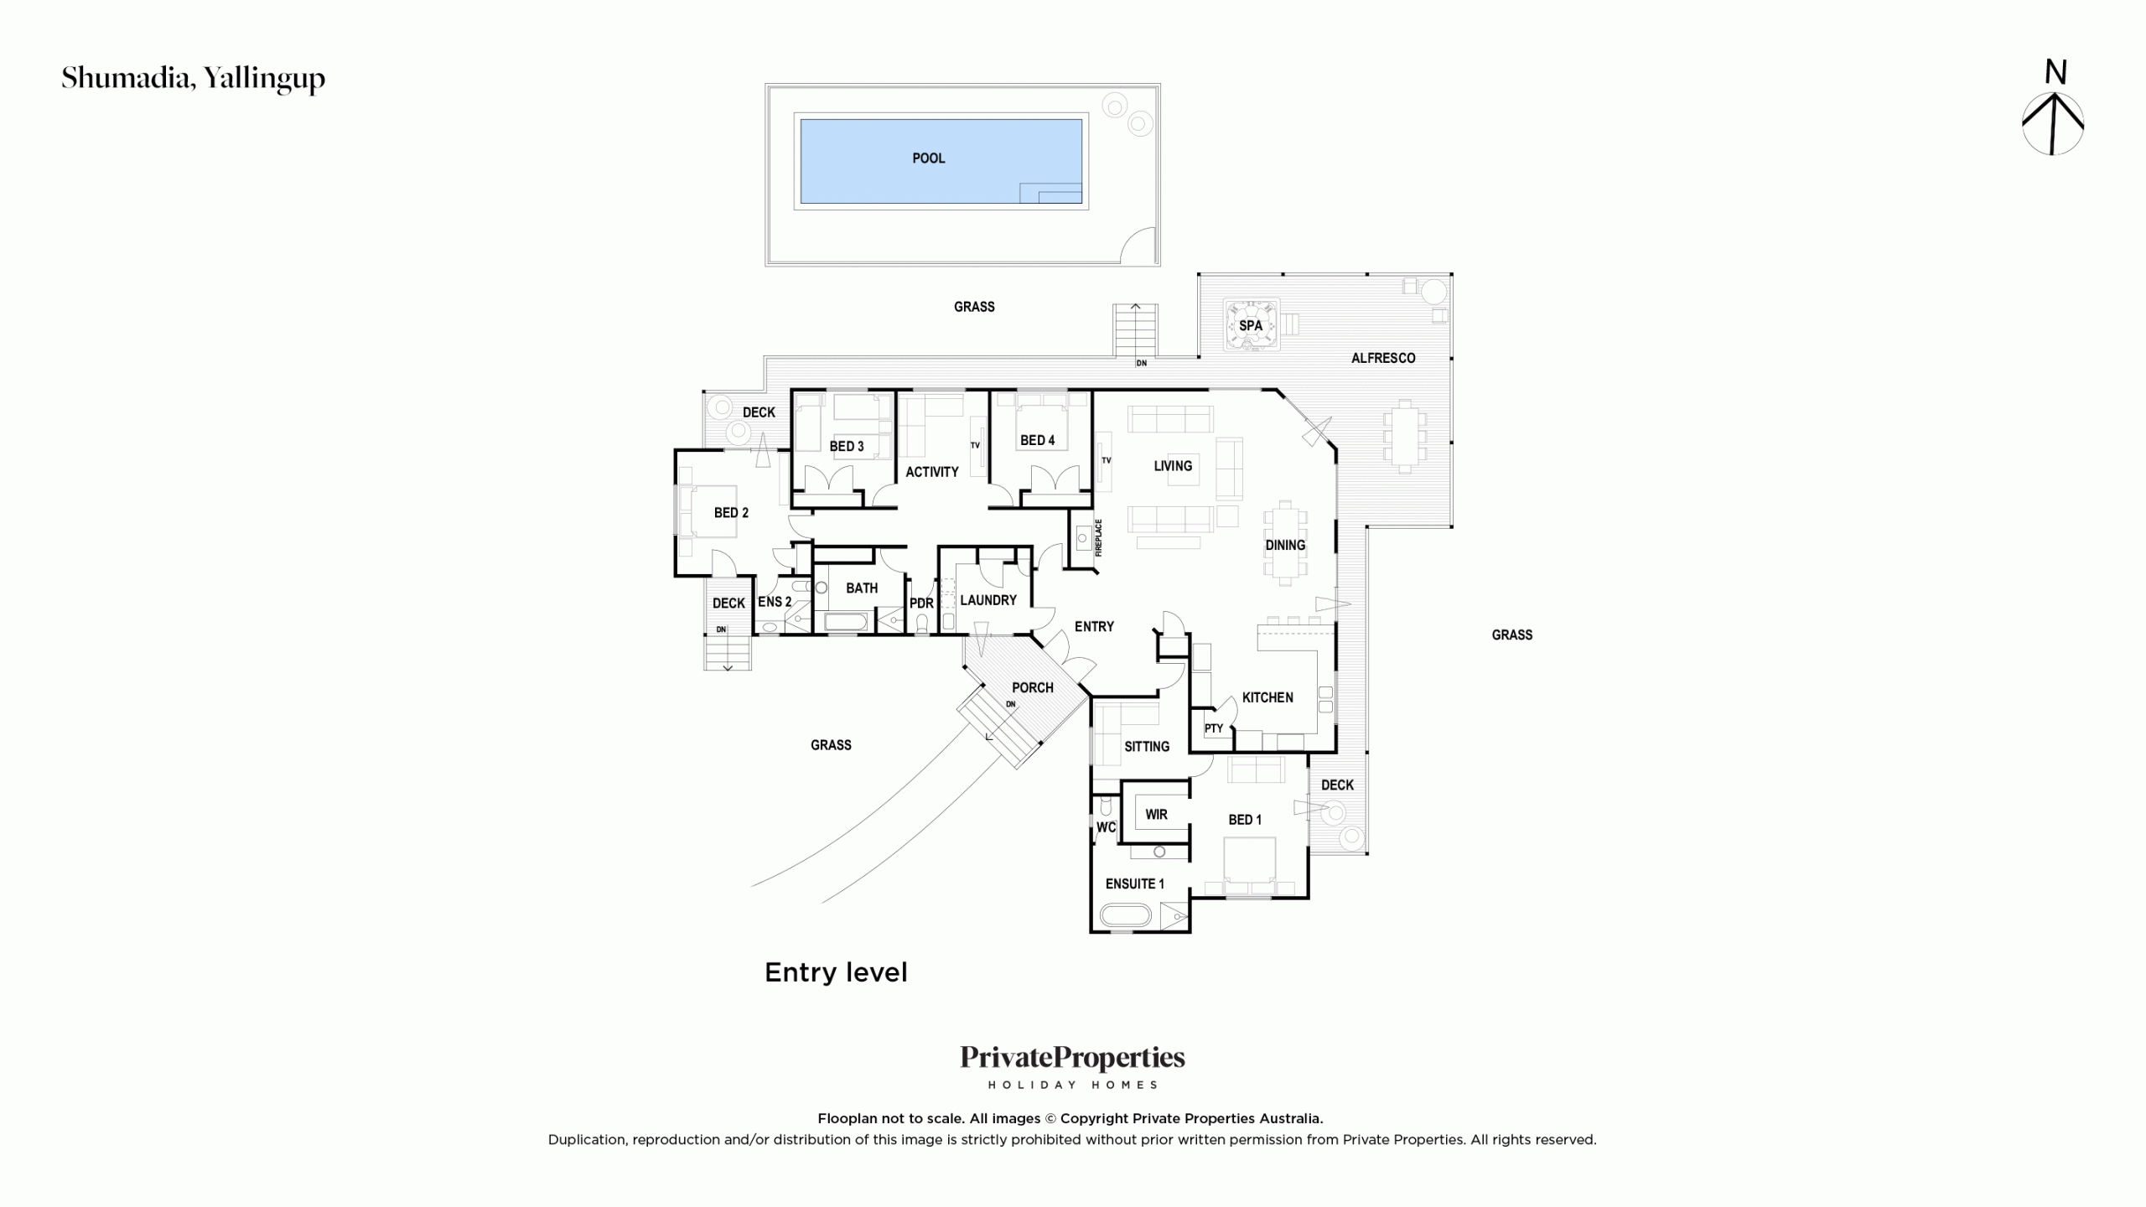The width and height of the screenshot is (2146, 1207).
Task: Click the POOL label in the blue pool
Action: click(928, 158)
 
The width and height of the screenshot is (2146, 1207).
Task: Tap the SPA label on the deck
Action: click(1250, 325)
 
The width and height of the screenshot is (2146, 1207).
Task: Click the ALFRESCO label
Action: click(1383, 358)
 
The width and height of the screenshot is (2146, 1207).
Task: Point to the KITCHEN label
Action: click(1267, 697)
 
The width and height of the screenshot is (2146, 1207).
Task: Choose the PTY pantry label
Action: click(1214, 728)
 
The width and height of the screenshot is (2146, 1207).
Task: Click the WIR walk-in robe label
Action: click(1156, 814)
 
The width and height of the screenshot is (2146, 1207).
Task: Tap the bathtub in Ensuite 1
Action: click(1125, 915)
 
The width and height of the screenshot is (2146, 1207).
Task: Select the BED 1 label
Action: click(1245, 820)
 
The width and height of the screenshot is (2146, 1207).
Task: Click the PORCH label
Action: click(1033, 687)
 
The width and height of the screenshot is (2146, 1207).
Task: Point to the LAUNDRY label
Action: click(988, 600)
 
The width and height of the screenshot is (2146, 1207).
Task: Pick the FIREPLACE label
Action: click(1099, 537)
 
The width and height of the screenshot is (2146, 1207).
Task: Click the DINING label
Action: click(1285, 545)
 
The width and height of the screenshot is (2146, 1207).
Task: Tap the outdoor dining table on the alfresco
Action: click(1405, 438)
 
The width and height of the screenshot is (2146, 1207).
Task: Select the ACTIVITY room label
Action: click(931, 472)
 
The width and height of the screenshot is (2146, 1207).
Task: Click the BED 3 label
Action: click(847, 446)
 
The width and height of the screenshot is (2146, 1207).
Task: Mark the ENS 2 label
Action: click(775, 602)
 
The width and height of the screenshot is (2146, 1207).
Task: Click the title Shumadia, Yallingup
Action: click(193, 79)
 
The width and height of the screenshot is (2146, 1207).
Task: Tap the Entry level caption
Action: click(836, 972)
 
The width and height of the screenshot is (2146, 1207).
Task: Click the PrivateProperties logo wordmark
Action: click(1072, 1059)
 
